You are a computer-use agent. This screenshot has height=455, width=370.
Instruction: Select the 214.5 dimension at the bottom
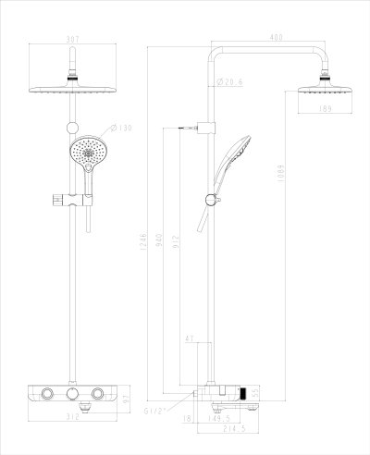[x=220, y=430]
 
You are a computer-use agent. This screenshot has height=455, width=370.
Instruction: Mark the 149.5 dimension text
[x=219, y=417]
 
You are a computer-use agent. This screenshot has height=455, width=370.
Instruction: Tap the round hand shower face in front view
[x=89, y=151]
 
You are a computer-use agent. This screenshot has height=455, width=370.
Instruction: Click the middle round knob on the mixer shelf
[x=70, y=396]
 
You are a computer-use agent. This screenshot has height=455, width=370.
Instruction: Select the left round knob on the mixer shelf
[x=46, y=397]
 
